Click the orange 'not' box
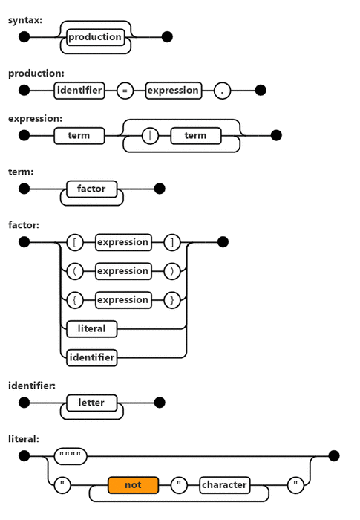click(x=133, y=485)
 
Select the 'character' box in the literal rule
click(x=224, y=485)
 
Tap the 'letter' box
click(x=91, y=403)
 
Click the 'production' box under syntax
click(x=95, y=36)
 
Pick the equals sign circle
click(x=125, y=91)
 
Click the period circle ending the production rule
click(x=222, y=91)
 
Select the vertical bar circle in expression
click(x=150, y=136)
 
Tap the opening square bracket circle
click(x=75, y=242)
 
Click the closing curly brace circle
click(x=171, y=300)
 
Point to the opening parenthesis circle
click(x=75, y=271)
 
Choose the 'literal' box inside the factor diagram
click(x=91, y=328)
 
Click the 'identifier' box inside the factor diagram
click(x=91, y=357)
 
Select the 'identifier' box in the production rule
click(x=79, y=91)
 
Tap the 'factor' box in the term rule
click(x=91, y=189)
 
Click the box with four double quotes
click(x=71, y=456)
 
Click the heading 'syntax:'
click(x=25, y=19)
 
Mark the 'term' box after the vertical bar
click(x=195, y=136)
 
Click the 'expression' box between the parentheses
click(x=122, y=271)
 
